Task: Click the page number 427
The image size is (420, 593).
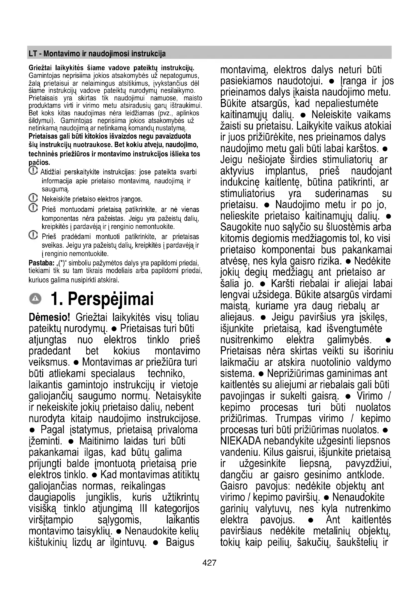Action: point(209,563)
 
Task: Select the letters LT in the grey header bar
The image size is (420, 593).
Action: point(32,54)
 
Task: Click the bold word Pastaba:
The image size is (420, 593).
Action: point(41,263)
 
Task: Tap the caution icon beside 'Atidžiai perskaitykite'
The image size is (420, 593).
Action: point(33,170)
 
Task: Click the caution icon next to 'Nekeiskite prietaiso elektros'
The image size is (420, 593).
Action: point(33,198)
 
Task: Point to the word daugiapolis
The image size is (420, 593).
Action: point(52,497)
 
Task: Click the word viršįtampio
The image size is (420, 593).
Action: point(51,520)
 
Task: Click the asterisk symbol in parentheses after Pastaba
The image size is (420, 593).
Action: point(61,264)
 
